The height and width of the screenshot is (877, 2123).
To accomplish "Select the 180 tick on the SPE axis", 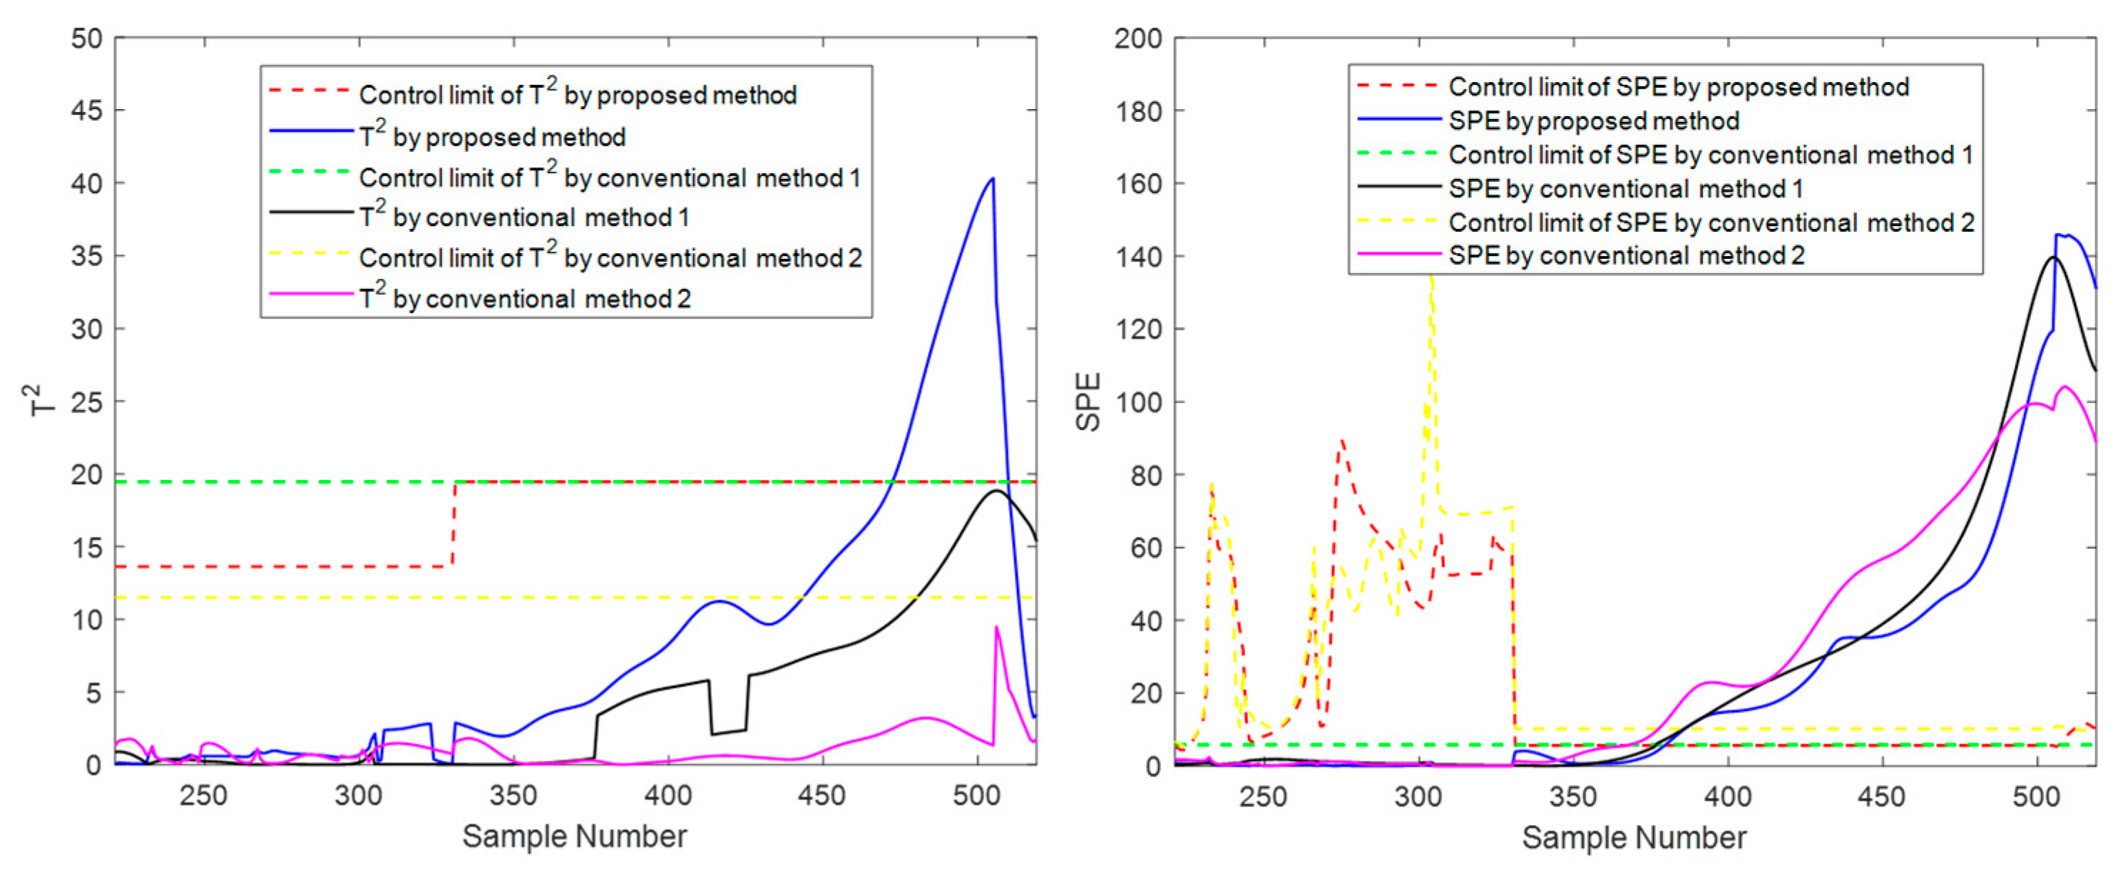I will point(1138,111).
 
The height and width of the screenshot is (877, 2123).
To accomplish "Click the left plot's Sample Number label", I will point(575,836).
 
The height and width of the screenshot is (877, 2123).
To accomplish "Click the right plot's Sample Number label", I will point(1634,838).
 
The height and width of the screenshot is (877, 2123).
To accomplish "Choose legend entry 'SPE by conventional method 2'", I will point(1626,255).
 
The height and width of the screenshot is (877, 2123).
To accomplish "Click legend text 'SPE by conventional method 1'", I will point(1625,189).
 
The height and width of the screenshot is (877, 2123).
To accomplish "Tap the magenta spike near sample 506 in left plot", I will point(996,627).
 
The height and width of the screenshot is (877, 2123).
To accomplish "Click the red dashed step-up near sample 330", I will point(454,524).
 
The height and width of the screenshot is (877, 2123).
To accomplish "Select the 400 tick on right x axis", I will point(1727,796).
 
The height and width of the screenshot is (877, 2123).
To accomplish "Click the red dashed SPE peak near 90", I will point(1341,441).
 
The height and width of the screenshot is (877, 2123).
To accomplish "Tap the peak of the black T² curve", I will point(997,491).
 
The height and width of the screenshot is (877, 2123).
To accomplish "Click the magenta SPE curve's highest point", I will point(2065,386).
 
